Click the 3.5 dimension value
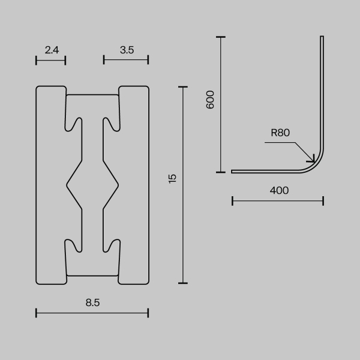[x=126, y=50]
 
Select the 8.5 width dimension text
[x=92, y=303]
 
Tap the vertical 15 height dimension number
[x=173, y=178]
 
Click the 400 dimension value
[x=279, y=191]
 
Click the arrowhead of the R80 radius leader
[x=312, y=160]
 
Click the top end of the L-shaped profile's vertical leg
[x=322, y=38]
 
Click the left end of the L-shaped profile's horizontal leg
[x=233, y=171]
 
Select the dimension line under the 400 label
[x=277, y=200]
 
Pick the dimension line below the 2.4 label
[x=50, y=59]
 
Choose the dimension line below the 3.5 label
[x=126, y=59]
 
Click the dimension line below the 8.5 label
[x=92, y=312]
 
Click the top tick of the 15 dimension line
[x=184, y=86]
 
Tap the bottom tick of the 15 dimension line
[x=184, y=283]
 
